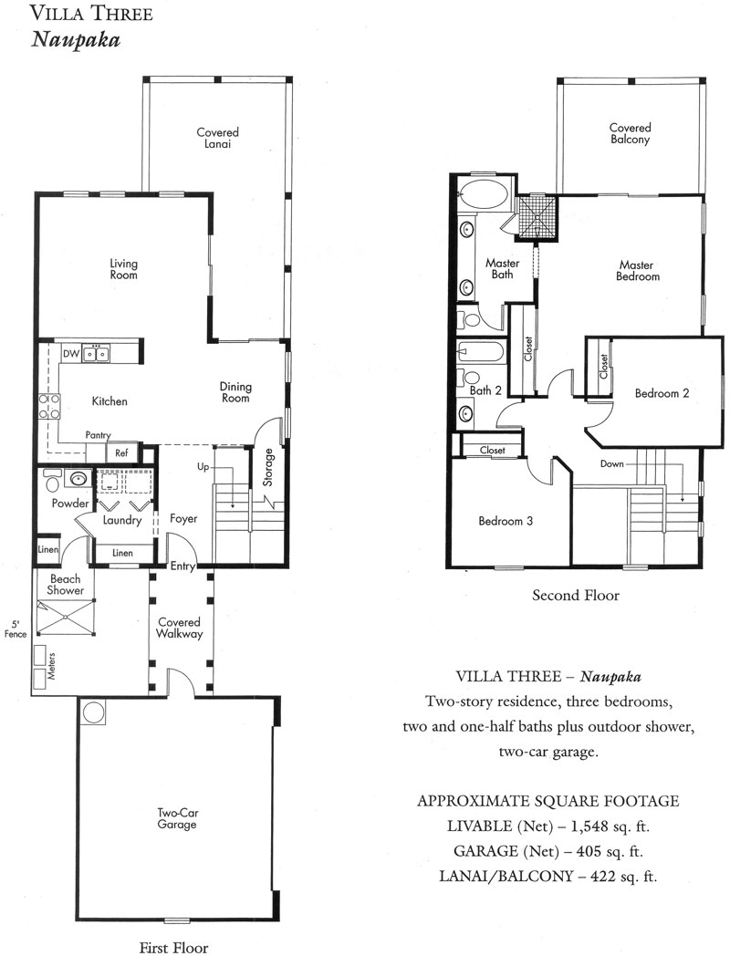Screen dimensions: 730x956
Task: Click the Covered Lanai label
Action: coord(218,138)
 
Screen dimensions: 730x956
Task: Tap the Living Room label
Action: coord(123,269)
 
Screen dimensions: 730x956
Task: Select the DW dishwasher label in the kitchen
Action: coord(70,354)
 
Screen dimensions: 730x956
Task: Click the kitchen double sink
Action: coord(96,354)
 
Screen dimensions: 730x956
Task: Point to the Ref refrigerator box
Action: coord(121,453)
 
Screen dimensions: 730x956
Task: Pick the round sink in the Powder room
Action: coord(78,479)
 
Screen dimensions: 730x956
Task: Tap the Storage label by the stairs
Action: coord(269,468)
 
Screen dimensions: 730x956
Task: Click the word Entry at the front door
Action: coord(182,566)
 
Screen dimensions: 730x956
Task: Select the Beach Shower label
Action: coord(66,584)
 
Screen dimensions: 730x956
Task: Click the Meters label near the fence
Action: coord(52,666)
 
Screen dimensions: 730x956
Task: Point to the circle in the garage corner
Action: coord(94,712)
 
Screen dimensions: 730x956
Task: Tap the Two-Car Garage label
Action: coord(177,818)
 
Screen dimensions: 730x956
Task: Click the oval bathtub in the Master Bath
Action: coord(485,195)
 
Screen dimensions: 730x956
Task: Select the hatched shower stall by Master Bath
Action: coord(537,216)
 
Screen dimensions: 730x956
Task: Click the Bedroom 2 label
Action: coord(662,393)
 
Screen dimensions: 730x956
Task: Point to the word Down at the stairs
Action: coord(611,464)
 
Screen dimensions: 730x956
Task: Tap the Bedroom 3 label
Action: coord(506,521)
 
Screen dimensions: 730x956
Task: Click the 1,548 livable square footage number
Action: coord(589,826)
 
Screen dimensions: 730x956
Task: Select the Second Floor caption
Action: coord(576,595)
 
